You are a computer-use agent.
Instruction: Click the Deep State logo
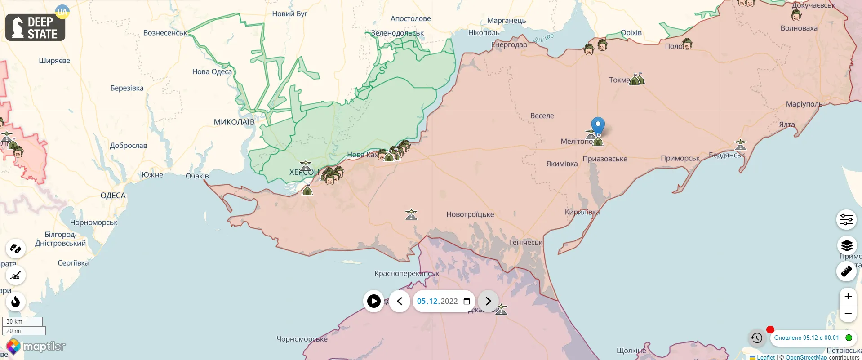(35, 27)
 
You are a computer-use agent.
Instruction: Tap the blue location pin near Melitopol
(598, 125)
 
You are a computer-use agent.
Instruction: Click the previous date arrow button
(400, 301)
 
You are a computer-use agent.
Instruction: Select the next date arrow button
(488, 301)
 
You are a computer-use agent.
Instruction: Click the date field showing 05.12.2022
(438, 301)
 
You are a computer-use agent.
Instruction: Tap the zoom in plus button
(848, 296)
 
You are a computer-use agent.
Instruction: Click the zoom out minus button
(848, 314)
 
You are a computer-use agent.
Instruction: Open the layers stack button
(846, 245)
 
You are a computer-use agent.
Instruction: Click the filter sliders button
(846, 219)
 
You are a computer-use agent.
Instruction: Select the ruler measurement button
(846, 271)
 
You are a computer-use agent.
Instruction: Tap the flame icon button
(16, 301)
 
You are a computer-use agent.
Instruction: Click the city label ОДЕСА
(113, 196)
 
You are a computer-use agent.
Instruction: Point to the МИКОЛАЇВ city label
(234, 122)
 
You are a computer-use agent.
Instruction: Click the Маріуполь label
(804, 104)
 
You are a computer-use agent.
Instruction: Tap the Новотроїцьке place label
(470, 214)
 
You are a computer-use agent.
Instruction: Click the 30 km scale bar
(22, 321)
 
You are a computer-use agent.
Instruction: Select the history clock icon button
(757, 338)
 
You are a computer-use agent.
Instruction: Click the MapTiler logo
(36, 347)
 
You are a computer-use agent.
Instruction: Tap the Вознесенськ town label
(165, 33)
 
